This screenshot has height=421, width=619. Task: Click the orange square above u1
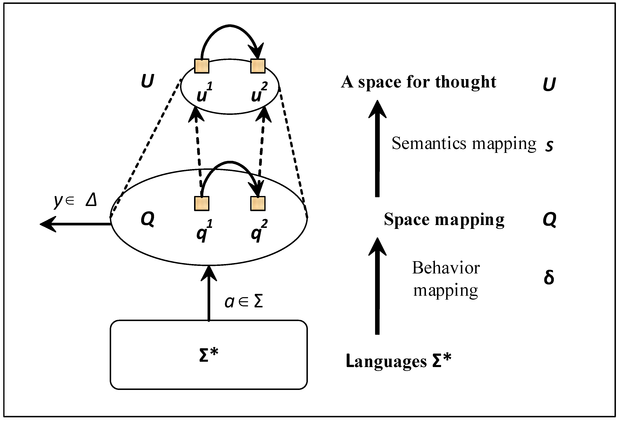point(202,66)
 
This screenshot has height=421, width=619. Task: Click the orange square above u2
point(258,66)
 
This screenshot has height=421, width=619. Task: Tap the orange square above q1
point(202,203)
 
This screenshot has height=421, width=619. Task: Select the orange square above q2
point(258,203)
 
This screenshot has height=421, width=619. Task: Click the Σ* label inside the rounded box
point(209,355)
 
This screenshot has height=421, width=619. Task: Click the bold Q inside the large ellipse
point(147,219)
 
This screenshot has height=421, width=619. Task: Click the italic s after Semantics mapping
point(549,146)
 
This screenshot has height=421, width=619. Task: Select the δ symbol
point(549,277)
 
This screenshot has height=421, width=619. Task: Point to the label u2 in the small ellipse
point(258,93)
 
